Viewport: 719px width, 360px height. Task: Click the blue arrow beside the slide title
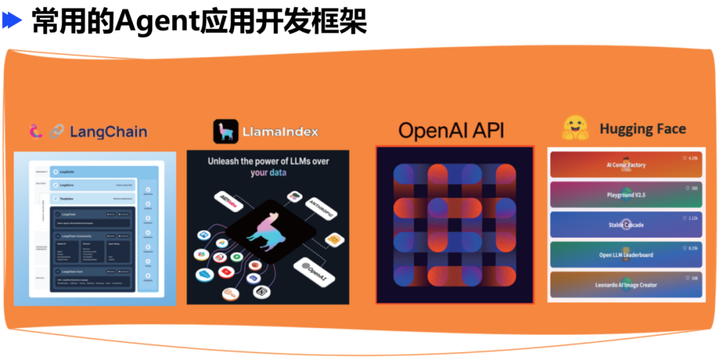[12, 21]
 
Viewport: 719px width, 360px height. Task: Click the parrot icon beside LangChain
[36, 131]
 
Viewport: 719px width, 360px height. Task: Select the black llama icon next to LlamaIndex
[225, 131]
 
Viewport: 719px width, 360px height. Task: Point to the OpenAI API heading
[451, 130]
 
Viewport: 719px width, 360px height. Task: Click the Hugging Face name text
[642, 129]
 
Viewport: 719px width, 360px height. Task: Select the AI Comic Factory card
[626, 165]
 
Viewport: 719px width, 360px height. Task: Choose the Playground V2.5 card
[626, 195]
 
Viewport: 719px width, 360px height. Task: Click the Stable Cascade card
[626, 225]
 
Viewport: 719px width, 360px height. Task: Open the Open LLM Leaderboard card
[626, 255]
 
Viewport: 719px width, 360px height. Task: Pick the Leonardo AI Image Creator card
[626, 285]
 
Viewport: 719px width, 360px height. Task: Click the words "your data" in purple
[268, 173]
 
